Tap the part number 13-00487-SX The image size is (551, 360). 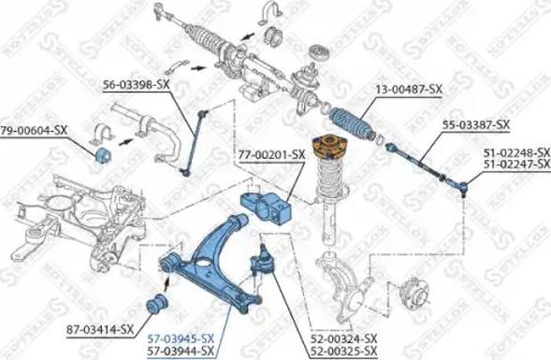pos(409,90)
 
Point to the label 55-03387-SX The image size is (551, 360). pos(477,124)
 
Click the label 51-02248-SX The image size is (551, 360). pos(516,151)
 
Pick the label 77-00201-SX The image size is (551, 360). pos(271,153)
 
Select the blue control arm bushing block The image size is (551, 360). pos(266,205)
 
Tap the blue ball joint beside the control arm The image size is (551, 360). pos(262,257)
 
